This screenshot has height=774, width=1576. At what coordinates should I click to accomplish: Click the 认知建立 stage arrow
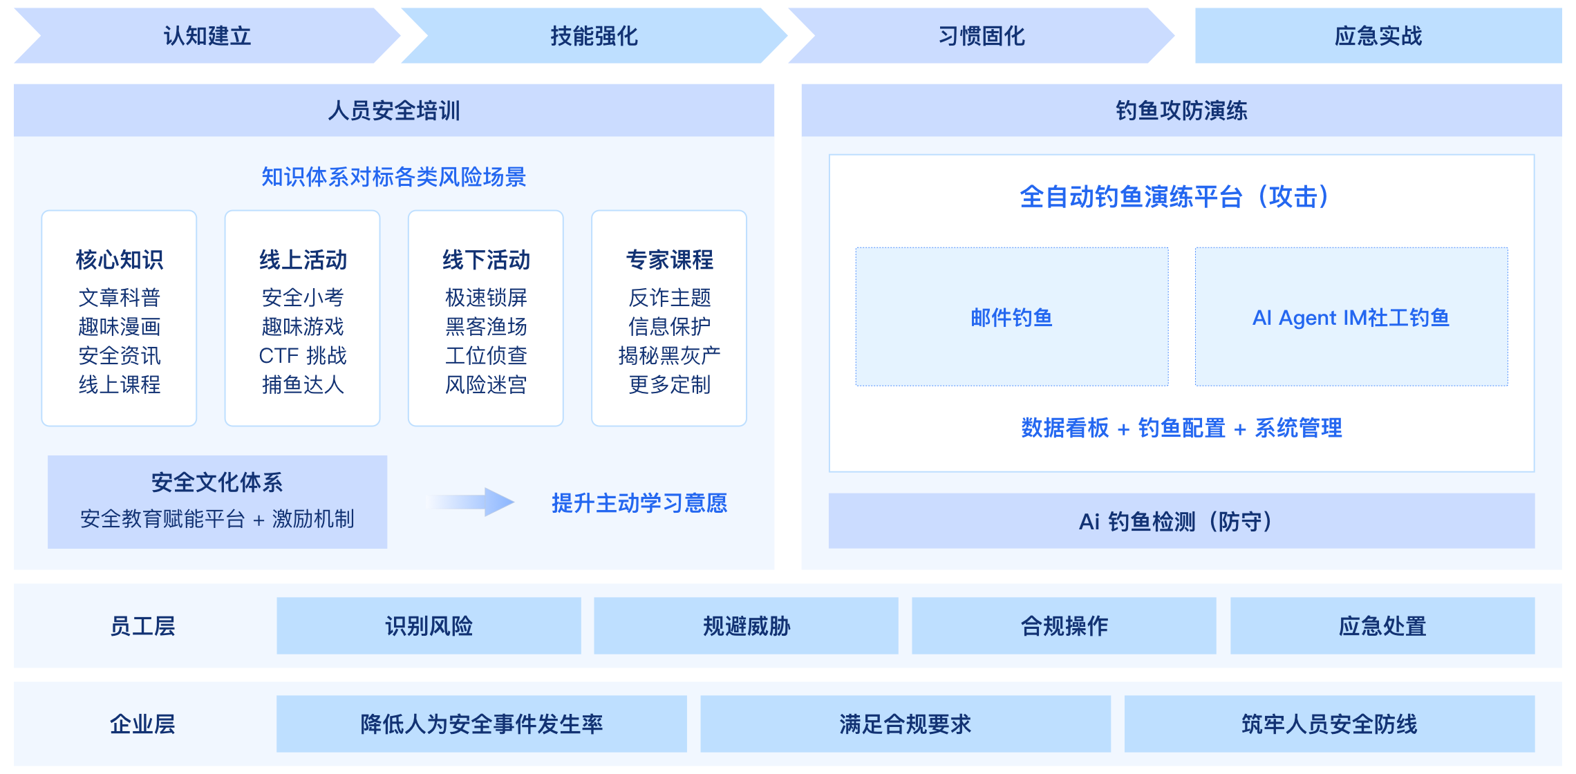[207, 36]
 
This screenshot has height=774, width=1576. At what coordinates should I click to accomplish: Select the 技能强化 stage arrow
[594, 36]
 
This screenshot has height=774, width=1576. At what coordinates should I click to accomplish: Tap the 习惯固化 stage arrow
[981, 36]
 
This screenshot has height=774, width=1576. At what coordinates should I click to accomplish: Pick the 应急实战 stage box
[1378, 36]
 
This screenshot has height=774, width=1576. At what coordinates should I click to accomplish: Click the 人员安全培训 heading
[394, 111]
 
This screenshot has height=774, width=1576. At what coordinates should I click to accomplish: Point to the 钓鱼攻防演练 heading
[1181, 111]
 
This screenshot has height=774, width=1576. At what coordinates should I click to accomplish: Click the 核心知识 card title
[120, 260]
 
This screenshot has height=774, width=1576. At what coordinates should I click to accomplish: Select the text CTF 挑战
[303, 355]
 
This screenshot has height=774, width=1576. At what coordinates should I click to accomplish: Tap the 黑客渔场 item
[486, 326]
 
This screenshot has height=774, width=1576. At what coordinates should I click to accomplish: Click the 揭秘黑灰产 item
[669, 355]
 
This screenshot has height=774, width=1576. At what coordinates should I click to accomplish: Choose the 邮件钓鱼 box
[1012, 317]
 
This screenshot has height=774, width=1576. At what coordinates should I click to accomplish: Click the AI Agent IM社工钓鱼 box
[1351, 317]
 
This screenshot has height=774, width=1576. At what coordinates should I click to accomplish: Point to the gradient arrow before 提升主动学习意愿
[473, 502]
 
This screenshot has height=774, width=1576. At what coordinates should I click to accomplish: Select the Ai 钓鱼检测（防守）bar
[1181, 521]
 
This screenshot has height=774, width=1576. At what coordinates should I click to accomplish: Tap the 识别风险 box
[429, 626]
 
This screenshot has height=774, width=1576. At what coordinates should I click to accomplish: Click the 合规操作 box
[1064, 626]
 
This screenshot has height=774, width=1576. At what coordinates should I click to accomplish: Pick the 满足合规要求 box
[906, 724]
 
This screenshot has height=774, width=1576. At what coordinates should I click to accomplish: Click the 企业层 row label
[142, 724]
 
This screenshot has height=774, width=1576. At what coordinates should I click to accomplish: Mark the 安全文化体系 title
[217, 482]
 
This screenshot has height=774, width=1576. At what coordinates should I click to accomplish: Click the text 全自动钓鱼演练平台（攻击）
[1174, 197]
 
